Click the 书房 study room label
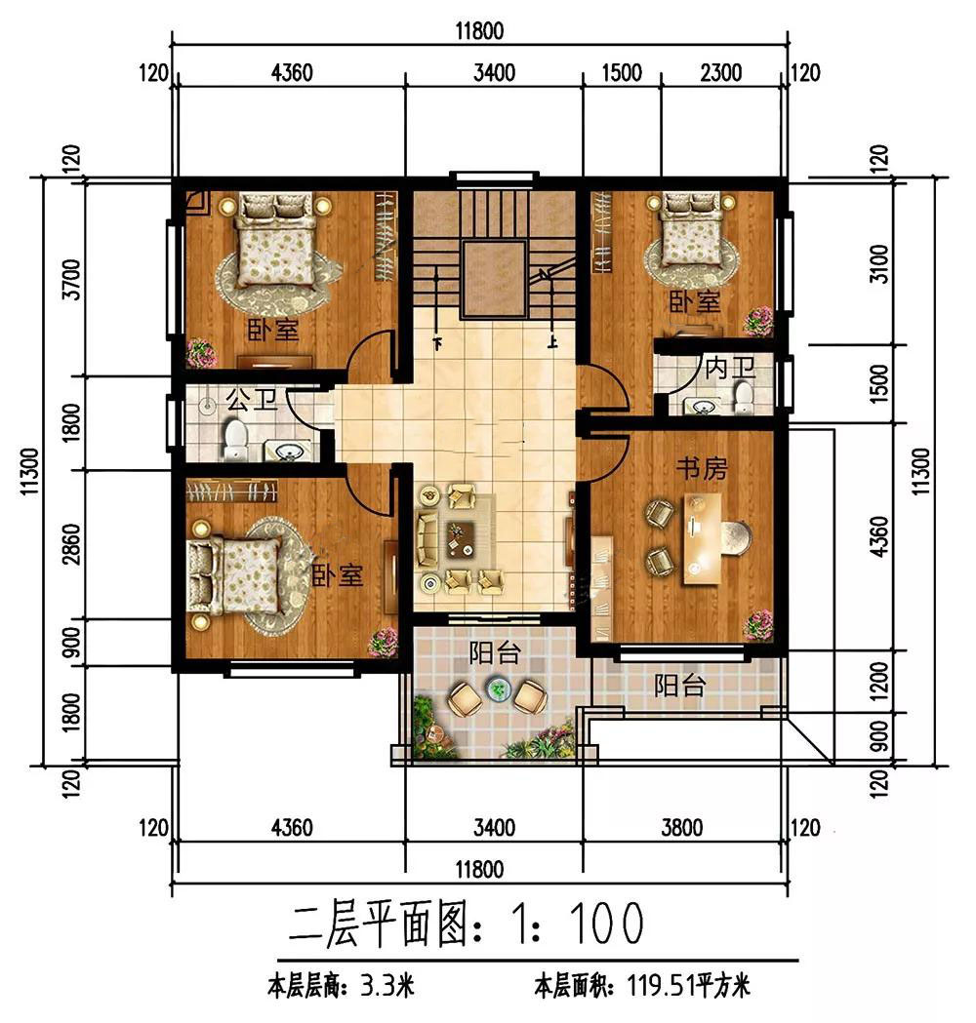pyautogui.click(x=701, y=468)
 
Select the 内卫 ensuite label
pyautogui.click(x=730, y=368)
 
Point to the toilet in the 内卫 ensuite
pyautogui.click(x=744, y=397)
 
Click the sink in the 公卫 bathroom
pyautogui.click(x=288, y=451)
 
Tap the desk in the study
pyautogui.click(x=703, y=539)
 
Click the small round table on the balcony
pyautogui.click(x=499, y=689)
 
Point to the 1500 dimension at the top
pyautogui.click(x=622, y=72)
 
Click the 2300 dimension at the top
pyautogui.click(x=720, y=72)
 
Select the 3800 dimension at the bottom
pyautogui.click(x=681, y=828)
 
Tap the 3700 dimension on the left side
pyautogui.click(x=71, y=279)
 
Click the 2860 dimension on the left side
pyautogui.click(x=71, y=544)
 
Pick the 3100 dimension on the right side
pyautogui.click(x=880, y=263)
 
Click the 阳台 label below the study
pyautogui.click(x=679, y=685)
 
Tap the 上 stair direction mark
pyautogui.click(x=552, y=341)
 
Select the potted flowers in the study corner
pyautogui.click(x=757, y=624)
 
